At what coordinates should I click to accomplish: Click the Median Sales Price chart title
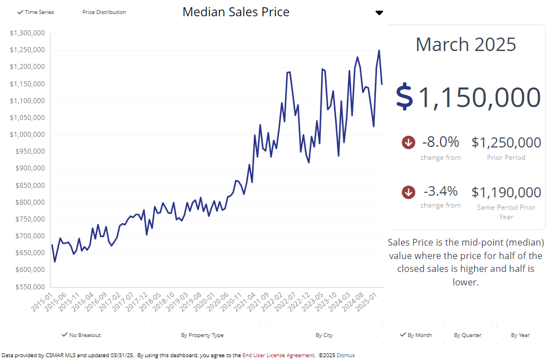tap(236, 12)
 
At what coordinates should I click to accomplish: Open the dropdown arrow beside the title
tap(379, 13)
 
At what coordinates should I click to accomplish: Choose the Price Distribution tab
tap(104, 12)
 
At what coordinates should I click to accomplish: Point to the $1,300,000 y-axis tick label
tap(27, 33)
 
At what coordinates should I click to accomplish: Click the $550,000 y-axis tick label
tap(27, 287)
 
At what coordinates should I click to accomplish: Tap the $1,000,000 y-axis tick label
tap(27, 135)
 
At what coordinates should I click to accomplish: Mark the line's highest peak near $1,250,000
tap(379, 50)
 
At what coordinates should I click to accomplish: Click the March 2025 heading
tap(466, 44)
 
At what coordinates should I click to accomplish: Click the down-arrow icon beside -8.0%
tap(409, 142)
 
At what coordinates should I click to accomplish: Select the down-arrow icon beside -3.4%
tap(409, 192)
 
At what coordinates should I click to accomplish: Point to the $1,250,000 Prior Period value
tap(506, 142)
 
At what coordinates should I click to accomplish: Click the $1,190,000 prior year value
tap(506, 192)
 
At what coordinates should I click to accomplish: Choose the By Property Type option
tap(202, 335)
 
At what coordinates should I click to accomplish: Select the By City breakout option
tap(324, 335)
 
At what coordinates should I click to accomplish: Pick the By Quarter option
tap(467, 335)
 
